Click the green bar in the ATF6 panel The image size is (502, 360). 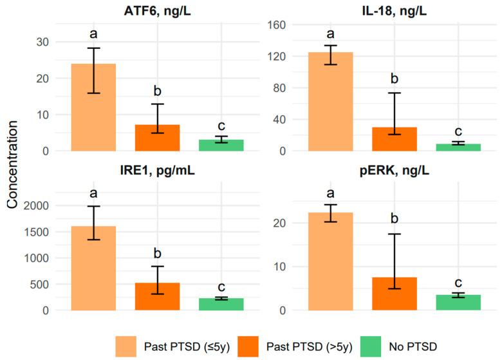click(221, 146)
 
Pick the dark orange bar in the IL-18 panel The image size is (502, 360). click(395, 139)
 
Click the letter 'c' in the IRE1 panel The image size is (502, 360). click(221, 287)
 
